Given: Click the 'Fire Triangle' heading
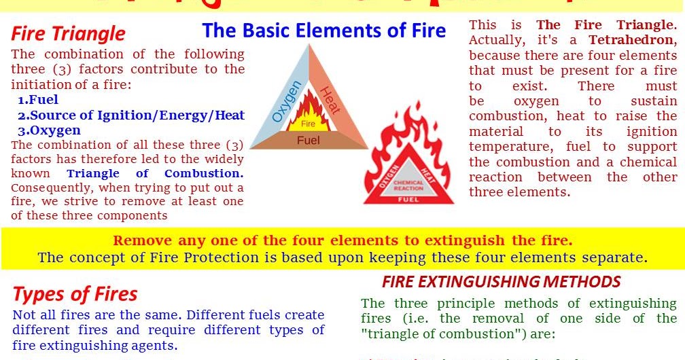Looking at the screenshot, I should pos(68,33).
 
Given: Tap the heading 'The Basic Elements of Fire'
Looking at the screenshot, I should pos(324,31).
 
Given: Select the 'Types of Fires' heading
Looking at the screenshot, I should pos(75,294).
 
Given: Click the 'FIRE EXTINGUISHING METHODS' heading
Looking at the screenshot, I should pos(501,282).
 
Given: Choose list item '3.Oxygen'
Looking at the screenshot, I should pos(49,130).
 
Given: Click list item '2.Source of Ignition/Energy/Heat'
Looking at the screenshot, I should pos(131,115).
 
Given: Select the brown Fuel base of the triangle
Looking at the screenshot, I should pos(309,141).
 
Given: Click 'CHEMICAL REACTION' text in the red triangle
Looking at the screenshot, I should pos(408,184).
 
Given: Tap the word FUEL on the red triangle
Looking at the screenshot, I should pos(408,200).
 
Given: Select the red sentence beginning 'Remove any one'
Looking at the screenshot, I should pos(342,240).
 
